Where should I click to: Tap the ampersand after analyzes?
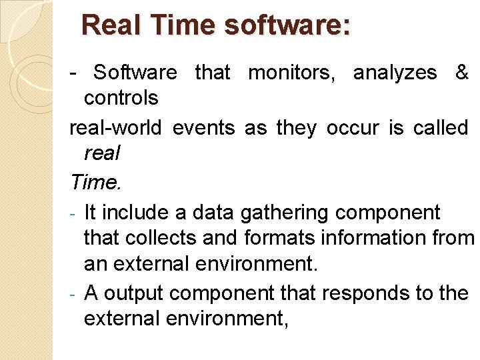point(461,73)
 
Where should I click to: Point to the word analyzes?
point(395,73)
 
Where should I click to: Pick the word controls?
point(121,99)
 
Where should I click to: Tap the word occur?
point(353,128)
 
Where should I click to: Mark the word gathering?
point(291,213)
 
